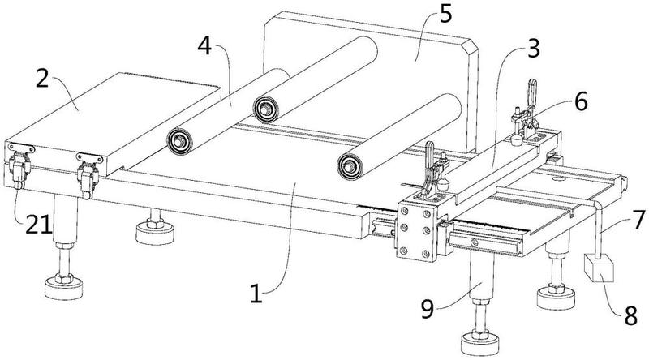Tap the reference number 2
tap(43, 79)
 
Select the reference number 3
tap(534, 49)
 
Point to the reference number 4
tap(204, 46)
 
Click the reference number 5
tap(445, 15)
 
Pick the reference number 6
tap(581, 102)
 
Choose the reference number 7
tap(638, 219)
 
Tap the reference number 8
tap(630, 315)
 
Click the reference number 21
tap(39, 225)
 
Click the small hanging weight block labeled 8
tap(598, 268)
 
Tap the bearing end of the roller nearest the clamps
tap(350, 166)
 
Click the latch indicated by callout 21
tap(19, 169)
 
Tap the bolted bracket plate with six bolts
tap(417, 231)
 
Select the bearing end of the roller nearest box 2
tap(179, 142)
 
